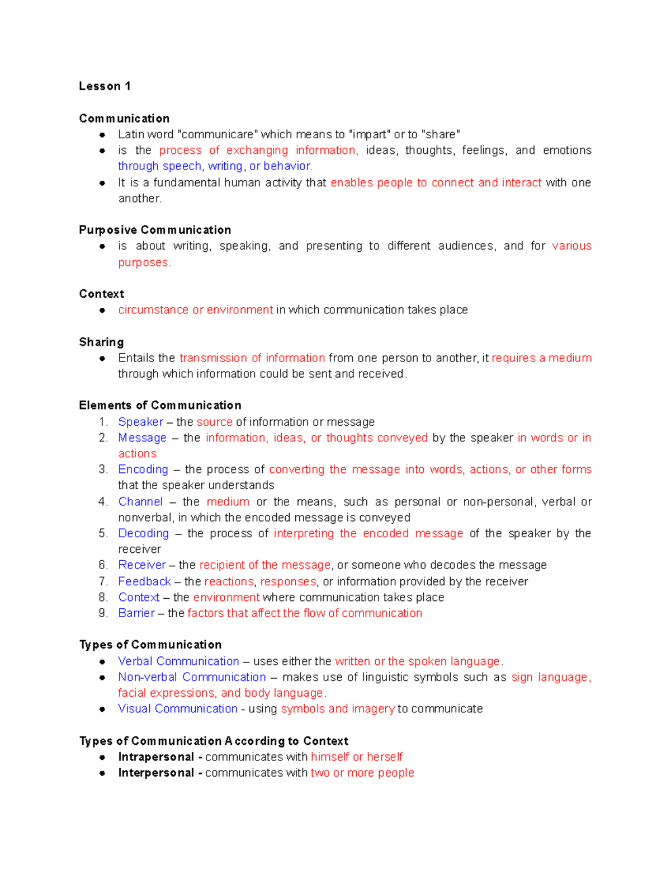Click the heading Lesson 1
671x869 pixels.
click(105, 86)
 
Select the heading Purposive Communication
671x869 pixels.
click(155, 230)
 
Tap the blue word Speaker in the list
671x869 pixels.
click(140, 422)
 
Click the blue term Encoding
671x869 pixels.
click(143, 469)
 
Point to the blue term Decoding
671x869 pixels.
click(143, 533)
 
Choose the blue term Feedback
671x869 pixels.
click(144, 581)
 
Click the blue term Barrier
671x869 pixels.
click(136, 613)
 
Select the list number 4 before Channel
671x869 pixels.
click(102, 502)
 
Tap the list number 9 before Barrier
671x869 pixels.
click(102, 613)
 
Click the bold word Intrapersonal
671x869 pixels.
click(156, 757)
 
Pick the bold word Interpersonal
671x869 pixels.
click(156, 773)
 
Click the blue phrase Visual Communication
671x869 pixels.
click(177, 709)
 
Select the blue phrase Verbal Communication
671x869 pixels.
click(178, 661)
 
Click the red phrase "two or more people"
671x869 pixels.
click(362, 773)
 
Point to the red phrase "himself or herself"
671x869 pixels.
click(356, 757)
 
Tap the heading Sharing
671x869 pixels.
click(101, 342)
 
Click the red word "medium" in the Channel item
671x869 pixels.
click(228, 502)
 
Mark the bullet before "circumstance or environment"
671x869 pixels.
click(102, 310)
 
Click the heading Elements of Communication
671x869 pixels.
click(160, 406)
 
